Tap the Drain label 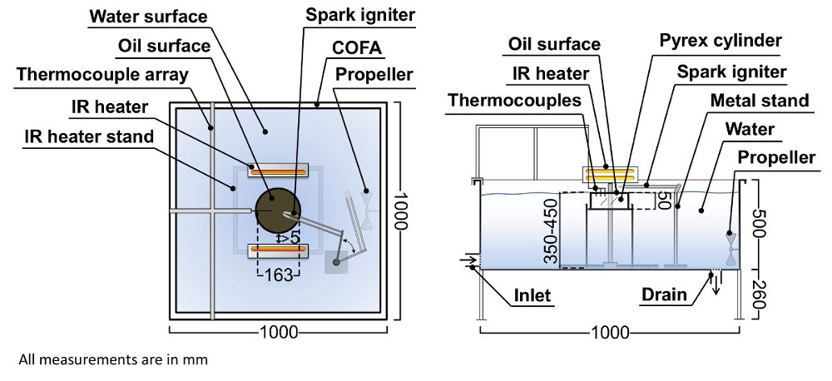(663, 294)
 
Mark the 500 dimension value (757, 225)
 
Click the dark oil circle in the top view (277, 210)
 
